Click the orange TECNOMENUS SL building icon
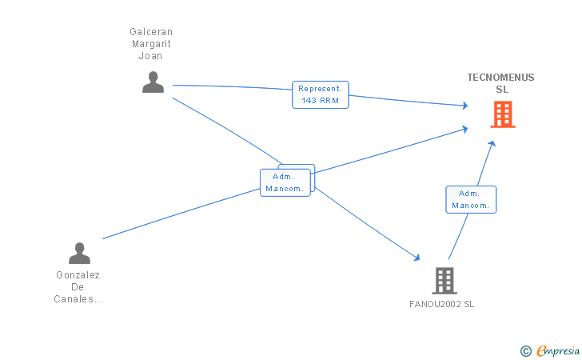(x=503, y=114)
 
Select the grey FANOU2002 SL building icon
(x=444, y=281)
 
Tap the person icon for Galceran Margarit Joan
(x=153, y=82)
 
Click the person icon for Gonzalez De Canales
(x=79, y=253)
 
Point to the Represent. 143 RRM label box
(x=321, y=94)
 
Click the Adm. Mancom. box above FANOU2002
(x=471, y=199)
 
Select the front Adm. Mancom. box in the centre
(x=285, y=182)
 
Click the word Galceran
(x=151, y=31)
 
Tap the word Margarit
(x=151, y=44)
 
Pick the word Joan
(x=150, y=56)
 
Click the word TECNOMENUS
(x=500, y=78)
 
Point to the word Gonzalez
(x=78, y=275)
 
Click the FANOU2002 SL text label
(x=441, y=304)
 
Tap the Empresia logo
(x=558, y=350)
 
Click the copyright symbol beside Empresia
(x=525, y=351)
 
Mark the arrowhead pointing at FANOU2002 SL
(x=417, y=257)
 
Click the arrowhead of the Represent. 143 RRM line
(x=465, y=106)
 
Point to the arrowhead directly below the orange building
(x=492, y=143)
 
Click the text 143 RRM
(x=321, y=101)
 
